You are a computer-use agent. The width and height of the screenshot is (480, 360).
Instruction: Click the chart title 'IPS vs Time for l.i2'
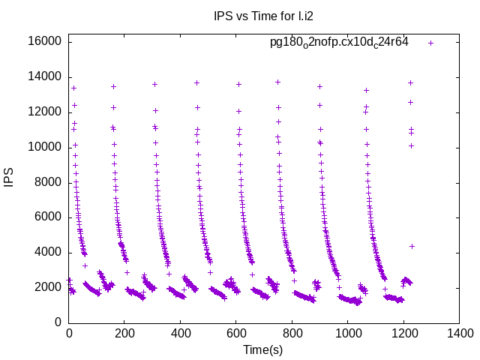tap(259, 16)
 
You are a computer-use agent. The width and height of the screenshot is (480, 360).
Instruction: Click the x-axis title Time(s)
tap(262, 349)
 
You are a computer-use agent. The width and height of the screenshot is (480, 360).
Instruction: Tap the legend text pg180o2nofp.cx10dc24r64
tap(339, 42)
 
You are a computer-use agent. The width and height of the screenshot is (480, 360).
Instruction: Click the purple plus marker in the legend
tap(430, 43)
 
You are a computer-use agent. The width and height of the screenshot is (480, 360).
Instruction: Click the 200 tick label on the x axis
tap(124, 334)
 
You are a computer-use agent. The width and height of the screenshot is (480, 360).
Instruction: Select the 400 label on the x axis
tap(180, 334)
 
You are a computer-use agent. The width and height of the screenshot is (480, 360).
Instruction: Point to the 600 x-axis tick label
tap(235, 334)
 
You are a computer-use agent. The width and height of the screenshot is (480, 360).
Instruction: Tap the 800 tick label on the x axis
tap(291, 334)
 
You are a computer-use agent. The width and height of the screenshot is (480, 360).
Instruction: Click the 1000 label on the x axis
tap(346, 334)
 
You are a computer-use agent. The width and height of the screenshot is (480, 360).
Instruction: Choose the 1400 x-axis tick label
tap(457, 334)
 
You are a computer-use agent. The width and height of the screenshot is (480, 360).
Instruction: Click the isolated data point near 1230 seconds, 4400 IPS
tap(412, 246)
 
